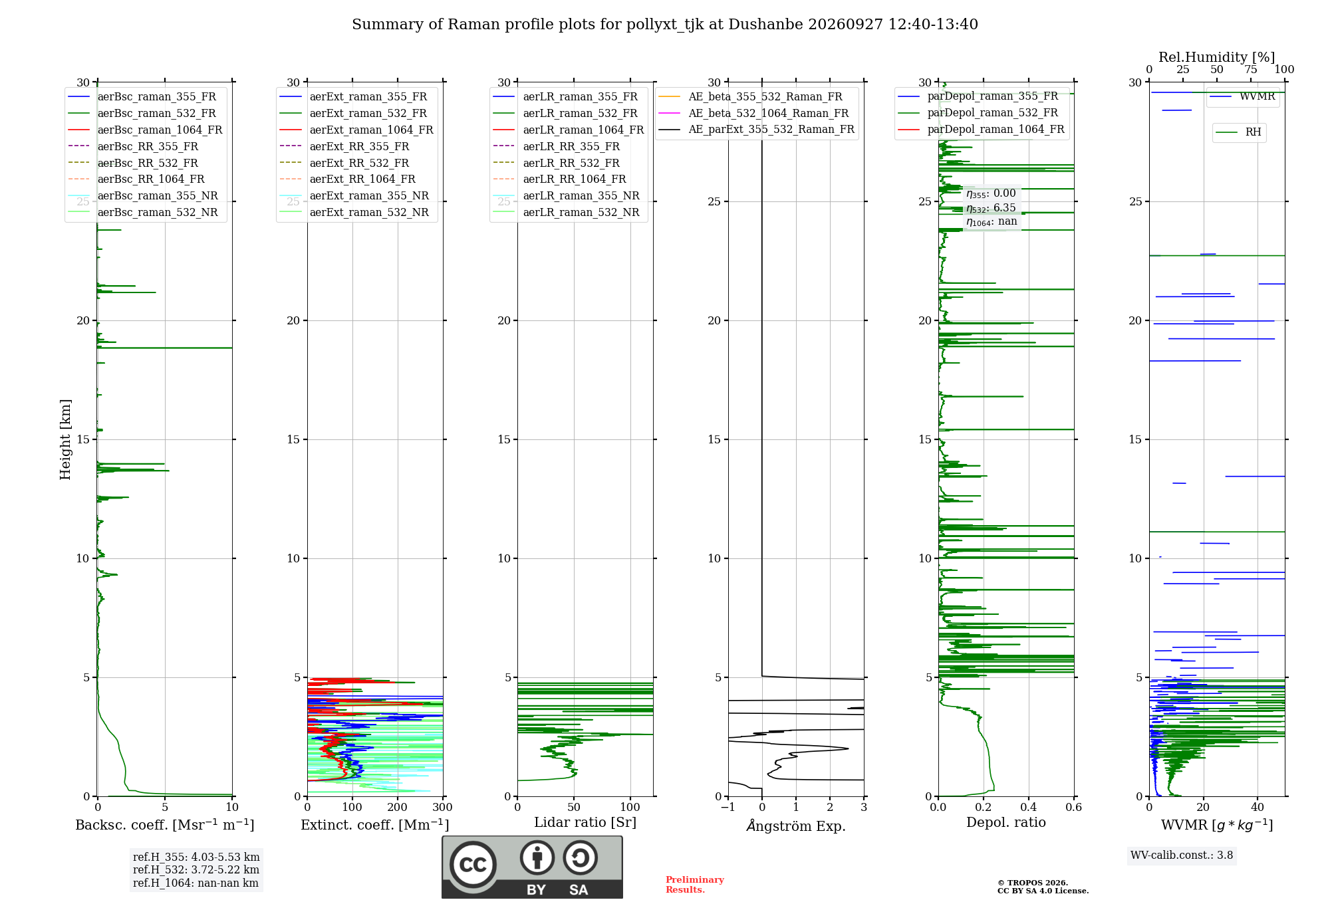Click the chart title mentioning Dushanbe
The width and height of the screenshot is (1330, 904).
pyautogui.click(x=665, y=25)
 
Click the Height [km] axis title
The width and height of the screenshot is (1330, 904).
pyautogui.click(x=65, y=439)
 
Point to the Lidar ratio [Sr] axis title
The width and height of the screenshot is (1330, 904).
pyautogui.click(x=585, y=822)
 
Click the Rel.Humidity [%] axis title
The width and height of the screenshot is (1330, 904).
pyautogui.click(x=1216, y=57)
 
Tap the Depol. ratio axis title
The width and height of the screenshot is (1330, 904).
pyautogui.click(x=1006, y=822)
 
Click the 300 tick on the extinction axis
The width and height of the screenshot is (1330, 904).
pyautogui.click(x=442, y=808)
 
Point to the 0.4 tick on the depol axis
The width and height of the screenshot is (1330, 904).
pyautogui.click(x=1029, y=808)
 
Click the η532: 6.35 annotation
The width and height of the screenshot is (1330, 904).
pyautogui.click(x=991, y=208)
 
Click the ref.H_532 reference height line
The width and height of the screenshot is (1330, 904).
pyautogui.click(x=196, y=870)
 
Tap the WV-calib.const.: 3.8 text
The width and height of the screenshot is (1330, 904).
pyautogui.click(x=1182, y=855)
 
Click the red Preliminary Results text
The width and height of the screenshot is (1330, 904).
pyautogui.click(x=695, y=885)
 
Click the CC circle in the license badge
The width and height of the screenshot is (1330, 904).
pyautogui.click(x=473, y=865)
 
